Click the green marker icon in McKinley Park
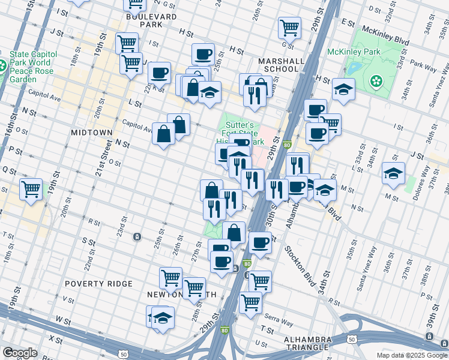click(x=376, y=80)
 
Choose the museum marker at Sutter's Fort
click(x=239, y=159)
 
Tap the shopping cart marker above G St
click(x=289, y=27)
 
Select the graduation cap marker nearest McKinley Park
click(x=343, y=89)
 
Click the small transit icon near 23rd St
click(x=137, y=236)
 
